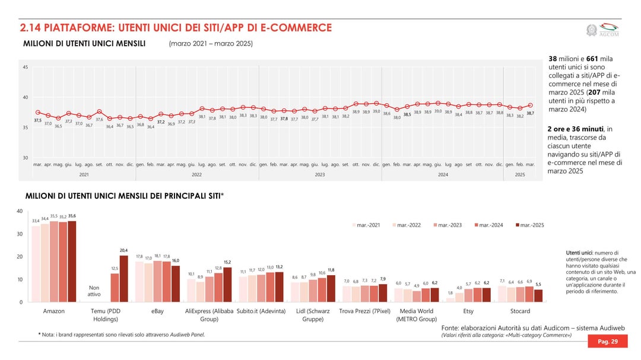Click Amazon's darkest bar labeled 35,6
[72, 261]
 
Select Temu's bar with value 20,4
[123, 279]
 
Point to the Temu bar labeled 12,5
[115, 288]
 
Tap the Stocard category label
[521, 311]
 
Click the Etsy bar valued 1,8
[450, 300]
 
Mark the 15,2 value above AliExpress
[227, 262]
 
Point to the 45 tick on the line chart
[26, 67]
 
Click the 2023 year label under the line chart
[320, 174]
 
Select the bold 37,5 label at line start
[37, 120]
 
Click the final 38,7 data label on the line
[530, 113]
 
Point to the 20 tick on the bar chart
[20, 257]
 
